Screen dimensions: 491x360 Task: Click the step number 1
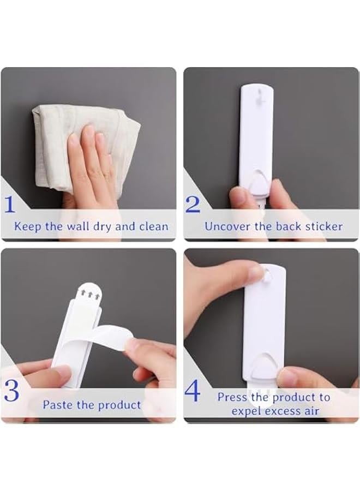pyautogui.click(x=10, y=204)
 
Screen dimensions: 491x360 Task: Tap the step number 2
pyautogui.click(x=193, y=204)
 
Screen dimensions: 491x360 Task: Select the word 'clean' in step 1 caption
pyautogui.click(x=153, y=226)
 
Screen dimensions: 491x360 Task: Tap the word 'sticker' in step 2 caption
pyautogui.click(x=324, y=226)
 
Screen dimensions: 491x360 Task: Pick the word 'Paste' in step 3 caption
pyautogui.click(x=57, y=405)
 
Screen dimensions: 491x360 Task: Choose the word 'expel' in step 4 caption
pyautogui.click(x=248, y=411)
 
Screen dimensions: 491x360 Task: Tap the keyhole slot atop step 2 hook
pyautogui.click(x=255, y=98)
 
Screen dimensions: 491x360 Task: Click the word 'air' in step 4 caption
pyautogui.click(x=310, y=411)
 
